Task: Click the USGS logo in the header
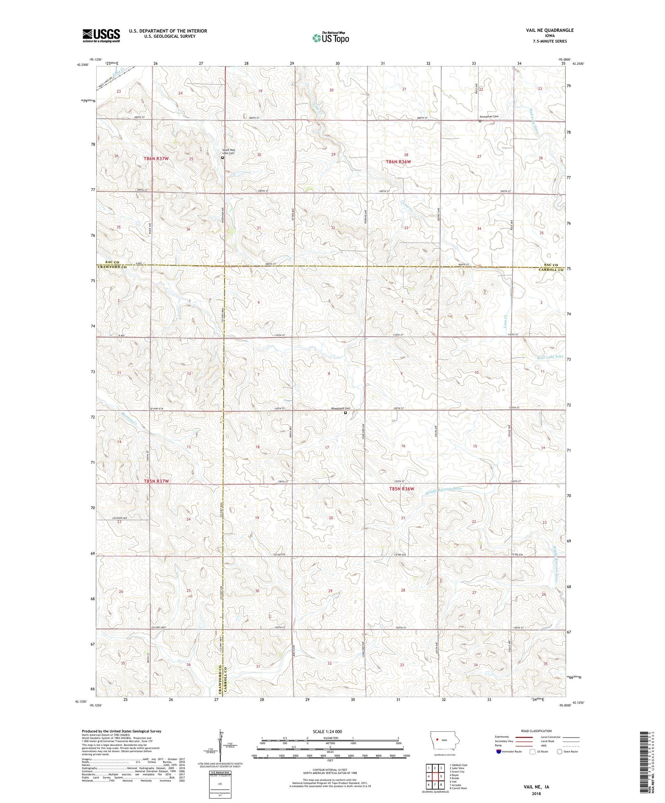(101, 35)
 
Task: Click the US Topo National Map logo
(330, 38)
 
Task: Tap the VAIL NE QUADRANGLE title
(548, 30)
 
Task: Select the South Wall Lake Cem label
(229, 152)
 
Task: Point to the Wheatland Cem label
(341, 408)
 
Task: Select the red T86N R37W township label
(156, 159)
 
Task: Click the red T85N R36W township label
(401, 489)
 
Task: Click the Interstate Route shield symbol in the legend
(499, 752)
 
